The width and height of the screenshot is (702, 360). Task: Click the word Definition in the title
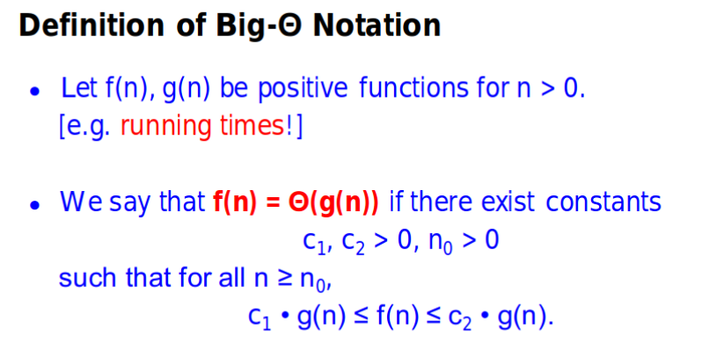[91, 25]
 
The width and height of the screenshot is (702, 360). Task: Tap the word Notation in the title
[377, 25]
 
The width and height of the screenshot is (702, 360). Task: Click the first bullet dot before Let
[35, 92]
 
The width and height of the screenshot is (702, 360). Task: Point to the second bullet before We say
[35, 205]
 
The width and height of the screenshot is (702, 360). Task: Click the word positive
[303, 89]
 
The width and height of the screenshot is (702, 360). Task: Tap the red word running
[165, 127]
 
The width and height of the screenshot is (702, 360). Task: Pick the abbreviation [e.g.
[84, 127]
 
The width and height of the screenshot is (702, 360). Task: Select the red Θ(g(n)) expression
[334, 202]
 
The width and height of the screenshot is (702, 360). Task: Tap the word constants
[603, 202]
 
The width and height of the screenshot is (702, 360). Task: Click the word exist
[508, 201]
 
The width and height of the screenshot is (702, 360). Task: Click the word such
[87, 277]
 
